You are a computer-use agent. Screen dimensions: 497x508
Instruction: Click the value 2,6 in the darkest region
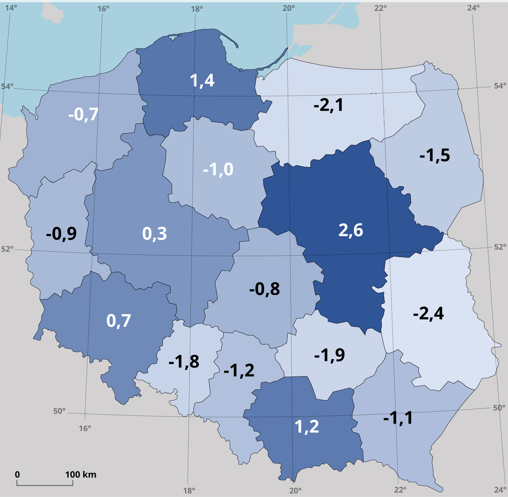click(350, 230)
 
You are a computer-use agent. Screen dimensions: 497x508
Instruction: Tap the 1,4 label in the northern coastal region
click(202, 80)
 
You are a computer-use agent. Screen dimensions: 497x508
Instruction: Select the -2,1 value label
click(328, 105)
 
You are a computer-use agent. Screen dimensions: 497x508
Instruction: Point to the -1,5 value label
click(434, 155)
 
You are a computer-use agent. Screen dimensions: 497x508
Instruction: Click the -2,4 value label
click(428, 313)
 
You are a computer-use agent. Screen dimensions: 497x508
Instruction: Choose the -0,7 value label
click(83, 114)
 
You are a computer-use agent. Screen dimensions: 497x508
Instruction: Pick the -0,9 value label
click(61, 234)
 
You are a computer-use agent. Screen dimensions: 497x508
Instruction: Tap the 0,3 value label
click(154, 234)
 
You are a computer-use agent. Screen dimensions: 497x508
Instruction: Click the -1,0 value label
click(218, 170)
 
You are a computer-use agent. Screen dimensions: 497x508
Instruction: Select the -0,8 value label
click(264, 289)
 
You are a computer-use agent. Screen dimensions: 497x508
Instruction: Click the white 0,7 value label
click(118, 321)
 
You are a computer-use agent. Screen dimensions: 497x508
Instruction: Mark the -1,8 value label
click(184, 362)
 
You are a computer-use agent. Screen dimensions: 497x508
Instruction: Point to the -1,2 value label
click(239, 370)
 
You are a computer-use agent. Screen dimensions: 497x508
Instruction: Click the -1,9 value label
click(329, 355)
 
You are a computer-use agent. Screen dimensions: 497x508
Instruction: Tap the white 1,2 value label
click(306, 427)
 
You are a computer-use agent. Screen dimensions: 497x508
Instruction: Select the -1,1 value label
click(398, 418)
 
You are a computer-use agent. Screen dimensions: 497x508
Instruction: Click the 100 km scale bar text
click(80, 475)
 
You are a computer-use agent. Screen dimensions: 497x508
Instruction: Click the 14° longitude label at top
click(11, 8)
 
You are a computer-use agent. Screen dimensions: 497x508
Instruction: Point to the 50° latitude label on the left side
click(59, 411)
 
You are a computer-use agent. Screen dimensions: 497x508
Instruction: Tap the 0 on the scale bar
click(17, 475)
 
